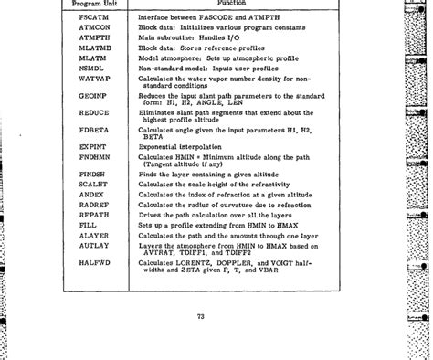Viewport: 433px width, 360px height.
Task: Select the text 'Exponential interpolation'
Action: point(178,147)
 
